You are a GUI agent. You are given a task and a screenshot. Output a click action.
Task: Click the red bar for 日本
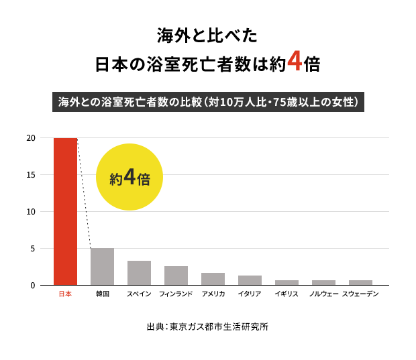(x=65, y=211)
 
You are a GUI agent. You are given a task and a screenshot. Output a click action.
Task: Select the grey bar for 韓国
(x=102, y=267)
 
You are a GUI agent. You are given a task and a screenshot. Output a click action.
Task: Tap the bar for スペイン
(x=139, y=273)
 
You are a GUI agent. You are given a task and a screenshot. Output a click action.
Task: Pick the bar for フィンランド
(x=176, y=276)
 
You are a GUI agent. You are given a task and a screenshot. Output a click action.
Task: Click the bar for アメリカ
(x=213, y=279)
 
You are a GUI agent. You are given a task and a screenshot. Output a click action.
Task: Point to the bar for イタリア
(x=250, y=280)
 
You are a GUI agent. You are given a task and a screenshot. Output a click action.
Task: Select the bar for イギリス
(x=287, y=282)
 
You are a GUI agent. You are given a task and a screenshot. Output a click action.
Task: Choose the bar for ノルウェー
(x=323, y=282)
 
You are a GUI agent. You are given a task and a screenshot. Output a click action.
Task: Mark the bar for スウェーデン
(x=360, y=282)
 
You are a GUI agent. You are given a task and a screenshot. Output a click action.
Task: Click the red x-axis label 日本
(x=65, y=294)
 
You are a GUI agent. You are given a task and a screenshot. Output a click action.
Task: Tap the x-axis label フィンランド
(x=176, y=294)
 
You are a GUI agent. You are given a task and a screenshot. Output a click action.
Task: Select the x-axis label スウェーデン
(x=360, y=294)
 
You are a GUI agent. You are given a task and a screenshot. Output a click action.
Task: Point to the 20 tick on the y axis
(x=31, y=138)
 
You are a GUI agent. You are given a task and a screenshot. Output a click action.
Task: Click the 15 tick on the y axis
(x=31, y=175)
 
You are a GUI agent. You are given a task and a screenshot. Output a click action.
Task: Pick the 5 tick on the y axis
(x=32, y=249)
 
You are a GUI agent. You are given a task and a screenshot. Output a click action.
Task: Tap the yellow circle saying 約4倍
(x=129, y=177)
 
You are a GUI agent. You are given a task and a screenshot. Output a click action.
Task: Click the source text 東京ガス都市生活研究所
(x=219, y=327)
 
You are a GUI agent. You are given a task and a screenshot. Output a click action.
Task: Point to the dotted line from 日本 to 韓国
(x=83, y=194)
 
